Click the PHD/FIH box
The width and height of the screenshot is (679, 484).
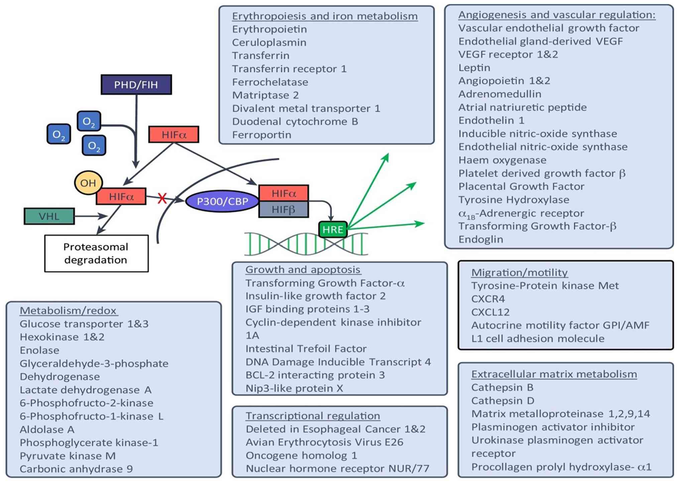point(136,85)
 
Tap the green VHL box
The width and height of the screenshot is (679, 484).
point(49,216)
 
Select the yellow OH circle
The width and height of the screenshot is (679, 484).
point(88,183)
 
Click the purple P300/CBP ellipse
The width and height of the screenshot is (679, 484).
point(222,201)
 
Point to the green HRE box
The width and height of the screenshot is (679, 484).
point(333,229)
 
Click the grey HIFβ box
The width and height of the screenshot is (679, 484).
point(284,209)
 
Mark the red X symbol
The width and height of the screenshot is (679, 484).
point(162,198)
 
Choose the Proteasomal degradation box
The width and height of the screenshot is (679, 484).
point(96,253)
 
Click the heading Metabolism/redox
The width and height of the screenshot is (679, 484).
point(68,311)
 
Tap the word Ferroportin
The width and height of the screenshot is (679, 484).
point(262,135)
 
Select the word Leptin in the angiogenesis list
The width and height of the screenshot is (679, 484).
point(474,68)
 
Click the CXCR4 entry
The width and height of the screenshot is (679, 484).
point(488,299)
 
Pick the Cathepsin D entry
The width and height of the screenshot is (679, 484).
point(502,400)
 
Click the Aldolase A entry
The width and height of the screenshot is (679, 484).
point(47,430)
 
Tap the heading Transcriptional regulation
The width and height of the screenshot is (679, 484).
point(313,416)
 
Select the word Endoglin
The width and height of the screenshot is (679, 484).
point(480,239)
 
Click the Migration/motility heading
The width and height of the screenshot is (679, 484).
point(519,273)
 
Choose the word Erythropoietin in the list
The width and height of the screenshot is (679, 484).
point(269,29)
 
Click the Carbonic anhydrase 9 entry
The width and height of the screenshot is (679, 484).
point(76,469)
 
